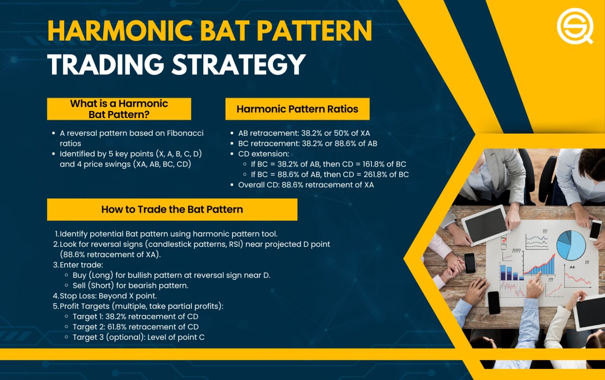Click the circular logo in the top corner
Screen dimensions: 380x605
[575, 26]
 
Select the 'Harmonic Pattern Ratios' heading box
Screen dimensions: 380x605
[297, 109]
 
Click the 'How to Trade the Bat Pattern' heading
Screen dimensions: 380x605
[172, 209]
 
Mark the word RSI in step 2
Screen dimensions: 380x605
[235, 244]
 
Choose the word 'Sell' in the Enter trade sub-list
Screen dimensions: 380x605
[79, 285]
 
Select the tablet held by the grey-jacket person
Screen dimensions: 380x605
[484, 225]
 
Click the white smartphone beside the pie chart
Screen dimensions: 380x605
[595, 230]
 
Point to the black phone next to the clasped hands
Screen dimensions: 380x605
[470, 262]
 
